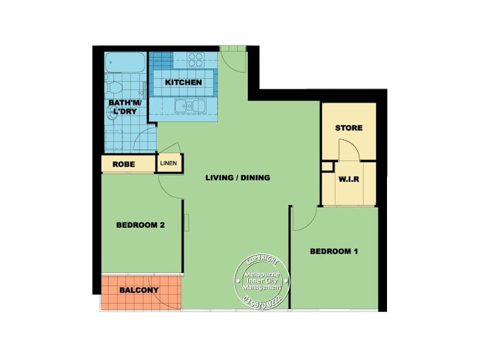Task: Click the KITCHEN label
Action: click(184, 82)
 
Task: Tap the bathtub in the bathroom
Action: click(125, 63)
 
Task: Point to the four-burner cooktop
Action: click(196, 59)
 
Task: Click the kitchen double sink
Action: click(191, 106)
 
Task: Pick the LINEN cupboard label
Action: click(170, 163)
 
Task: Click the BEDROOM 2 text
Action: click(140, 226)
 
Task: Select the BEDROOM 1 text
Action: click(334, 251)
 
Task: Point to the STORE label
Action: click(349, 128)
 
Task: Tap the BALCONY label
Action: click(139, 290)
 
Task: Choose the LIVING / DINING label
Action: click(238, 178)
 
